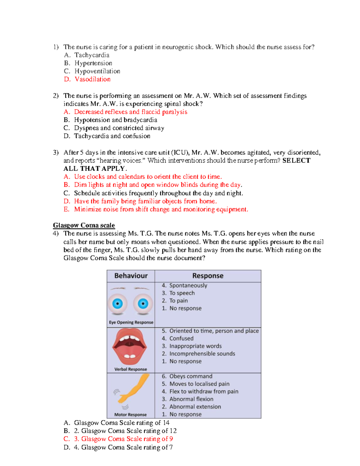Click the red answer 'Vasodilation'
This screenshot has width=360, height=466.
click(92, 79)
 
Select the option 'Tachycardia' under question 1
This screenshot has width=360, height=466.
click(92, 55)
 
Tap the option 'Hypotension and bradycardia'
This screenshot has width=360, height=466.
click(115, 120)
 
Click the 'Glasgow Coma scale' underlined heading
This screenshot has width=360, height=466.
click(84, 225)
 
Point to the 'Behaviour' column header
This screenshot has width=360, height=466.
click(131, 276)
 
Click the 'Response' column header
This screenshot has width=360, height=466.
click(208, 276)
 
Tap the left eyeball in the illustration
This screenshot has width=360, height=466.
click(118, 304)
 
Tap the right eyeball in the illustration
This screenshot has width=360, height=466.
click(143, 304)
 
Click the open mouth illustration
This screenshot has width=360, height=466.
click(130, 347)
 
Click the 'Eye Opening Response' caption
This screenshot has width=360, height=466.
click(131, 322)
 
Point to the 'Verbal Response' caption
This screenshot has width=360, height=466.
click(130, 369)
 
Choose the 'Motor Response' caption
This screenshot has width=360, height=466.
click(130, 415)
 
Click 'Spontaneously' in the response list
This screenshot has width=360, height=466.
click(188, 285)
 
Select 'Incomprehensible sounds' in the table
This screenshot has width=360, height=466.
click(202, 354)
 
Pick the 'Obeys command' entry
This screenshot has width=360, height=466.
click(190, 376)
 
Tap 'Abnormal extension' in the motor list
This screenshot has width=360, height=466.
click(195, 407)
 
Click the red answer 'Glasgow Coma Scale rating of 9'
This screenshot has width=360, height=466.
click(127, 439)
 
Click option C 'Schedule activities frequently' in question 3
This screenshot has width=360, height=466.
click(158, 193)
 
